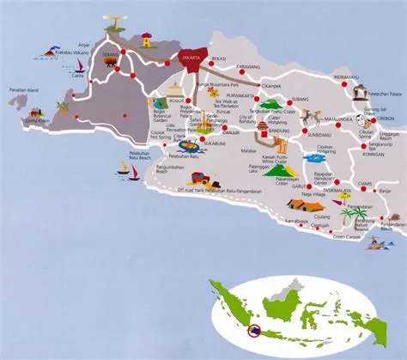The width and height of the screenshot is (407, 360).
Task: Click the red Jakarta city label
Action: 191,58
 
